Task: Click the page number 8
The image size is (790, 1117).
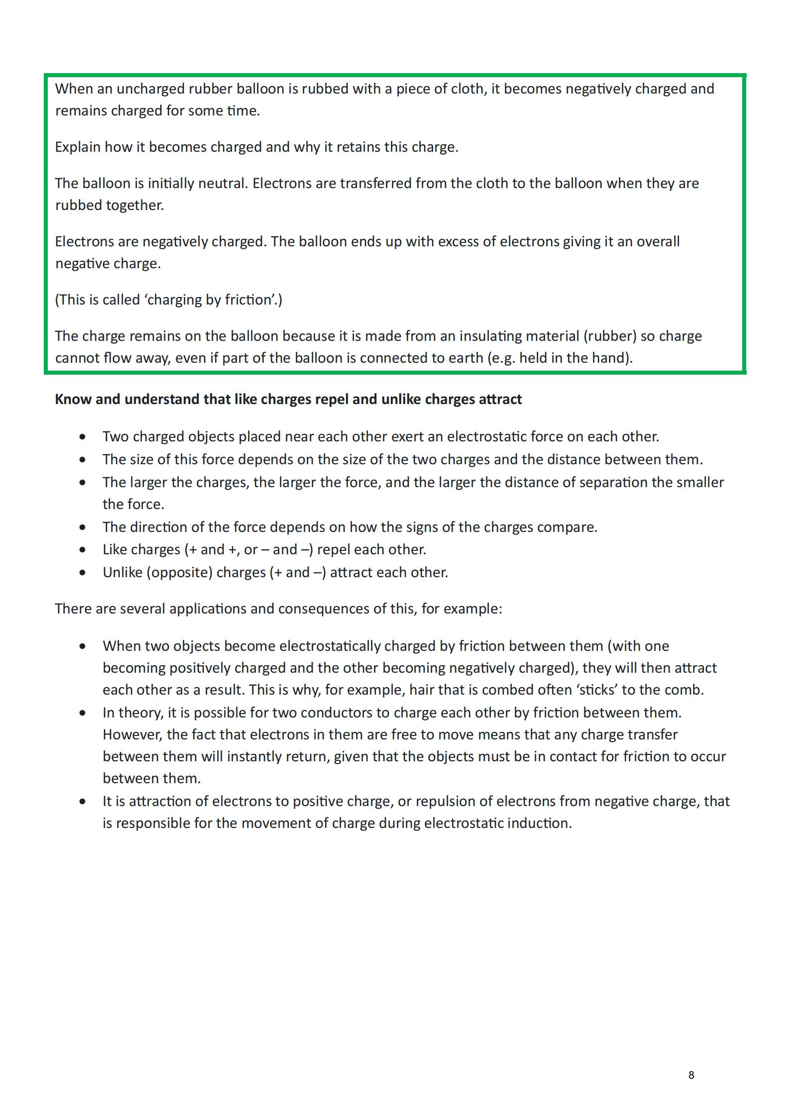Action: tap(691, 1075)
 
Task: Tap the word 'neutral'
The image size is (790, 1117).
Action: tap(223, 184)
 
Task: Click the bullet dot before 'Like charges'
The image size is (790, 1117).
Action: tap(83, 550)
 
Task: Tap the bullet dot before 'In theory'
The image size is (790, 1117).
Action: tap(83, 713)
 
